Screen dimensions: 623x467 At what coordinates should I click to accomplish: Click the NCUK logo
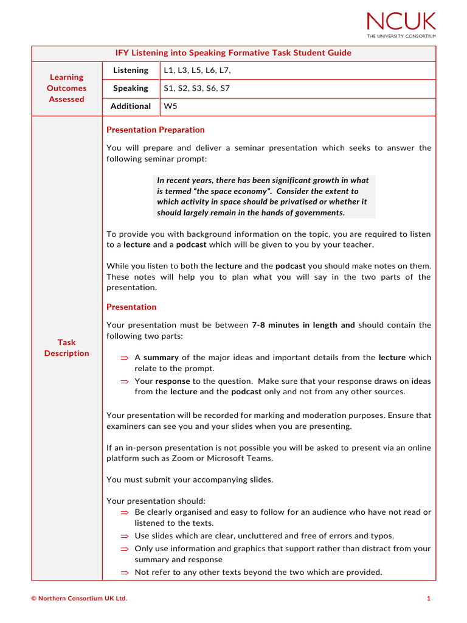(401, 22)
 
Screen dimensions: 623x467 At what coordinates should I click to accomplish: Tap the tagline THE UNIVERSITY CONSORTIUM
(401, 36)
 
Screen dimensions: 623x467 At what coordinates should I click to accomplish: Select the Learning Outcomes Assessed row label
(66, 88)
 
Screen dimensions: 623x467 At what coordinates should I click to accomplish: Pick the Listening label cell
(131, 71)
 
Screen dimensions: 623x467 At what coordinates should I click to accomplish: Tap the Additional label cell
(131, 106)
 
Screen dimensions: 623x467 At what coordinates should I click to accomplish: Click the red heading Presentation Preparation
(156, 130)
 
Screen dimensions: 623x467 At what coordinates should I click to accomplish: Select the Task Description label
(66, 347)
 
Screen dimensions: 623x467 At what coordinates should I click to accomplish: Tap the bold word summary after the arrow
(161, 358)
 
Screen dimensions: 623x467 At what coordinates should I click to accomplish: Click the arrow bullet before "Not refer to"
(125, 573)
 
